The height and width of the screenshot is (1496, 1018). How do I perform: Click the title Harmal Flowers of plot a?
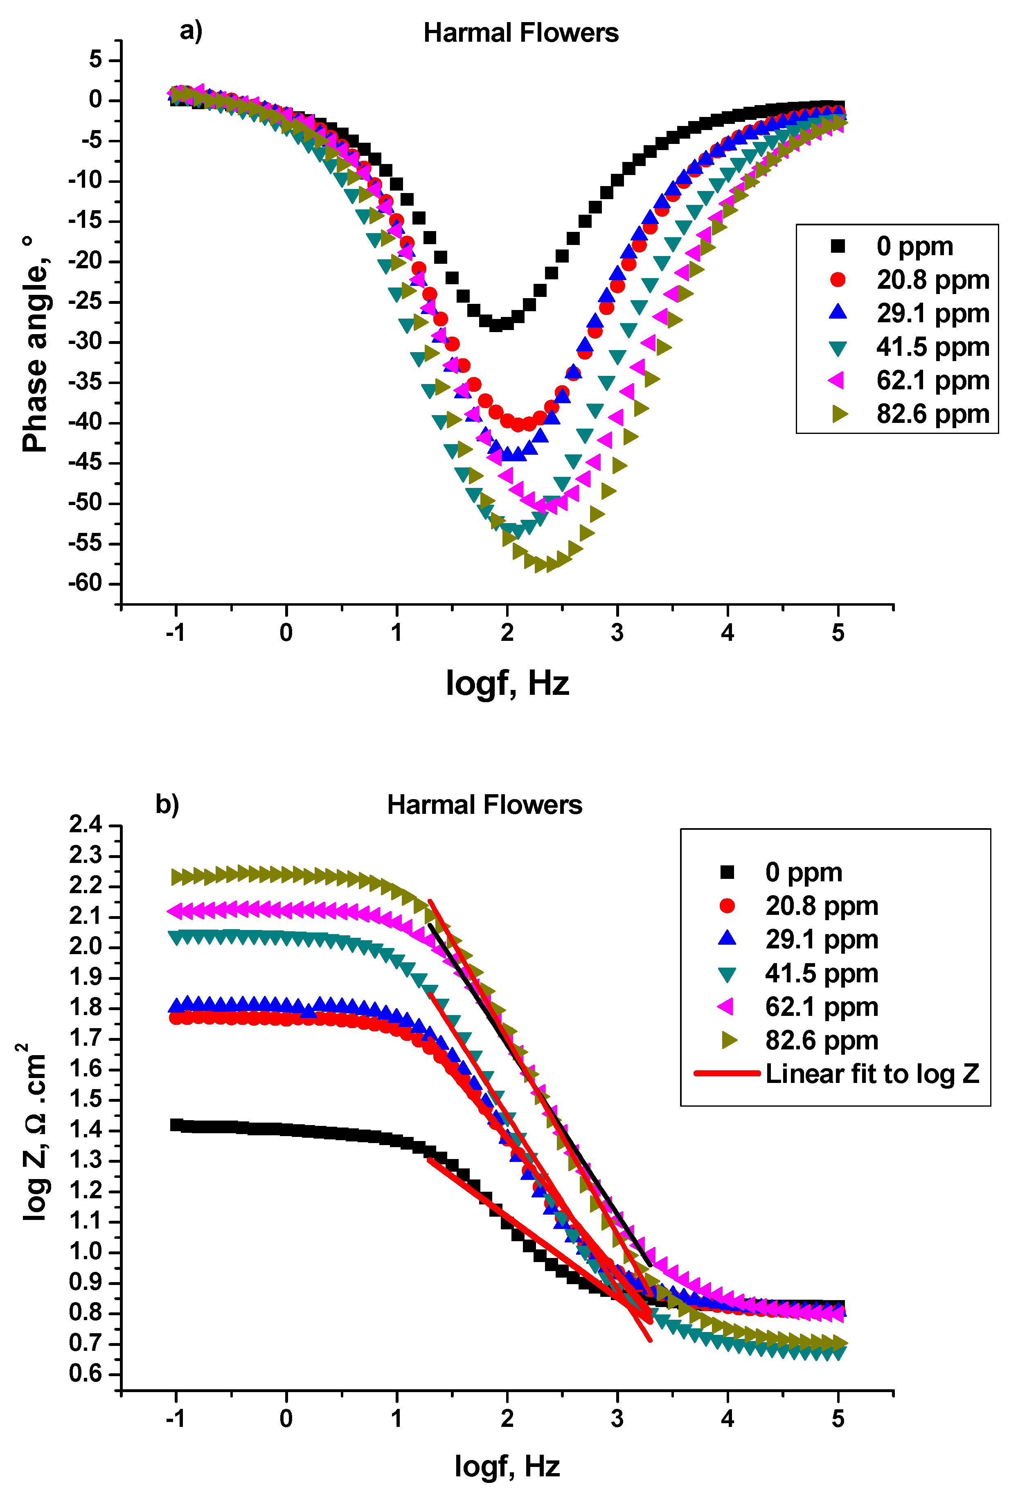pyautogui.click(x=520, y=33)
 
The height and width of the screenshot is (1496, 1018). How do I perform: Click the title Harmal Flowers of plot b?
pyautogui.click(x=484, y=805)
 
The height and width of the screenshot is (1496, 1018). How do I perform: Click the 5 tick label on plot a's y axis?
pyautogui.click(x=96, y=60)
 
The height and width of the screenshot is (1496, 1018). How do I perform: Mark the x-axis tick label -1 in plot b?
pyautogui.click(x=175, y=1419)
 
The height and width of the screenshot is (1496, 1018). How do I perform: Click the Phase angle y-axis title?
pyautogui.click(x=36, y=344)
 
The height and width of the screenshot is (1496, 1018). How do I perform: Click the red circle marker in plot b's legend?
pyautogui.click(x=727, y=906)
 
